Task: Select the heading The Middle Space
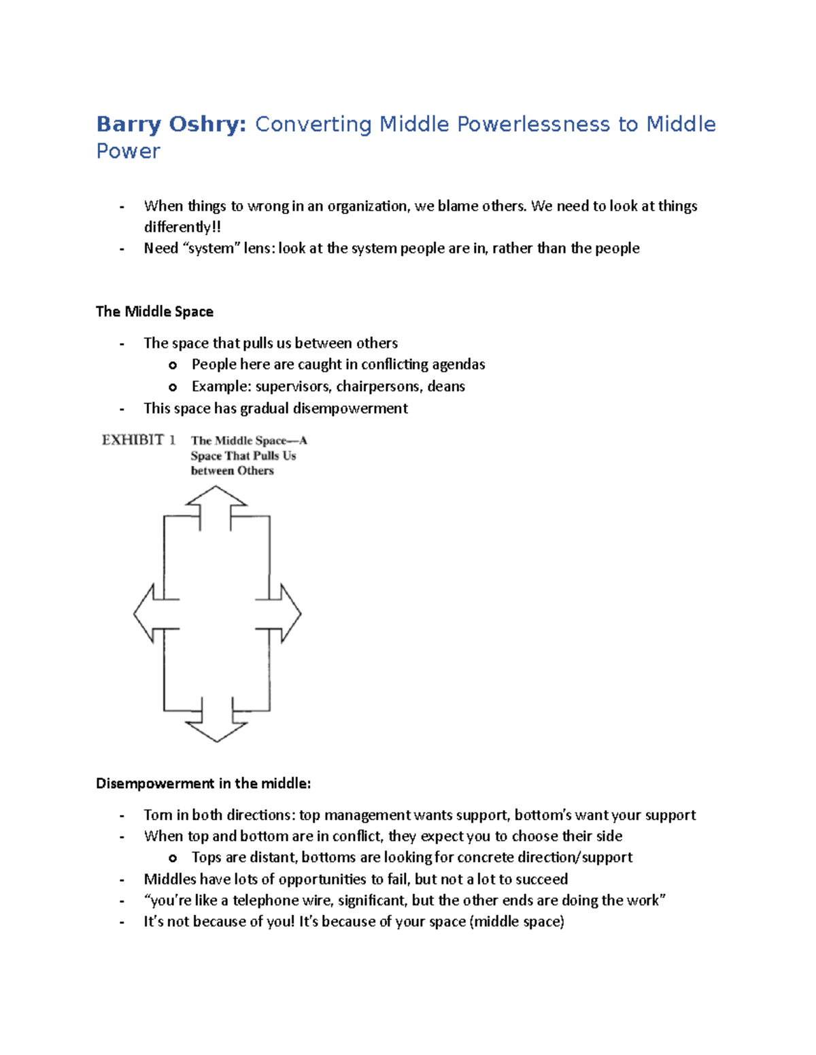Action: (x=154, y=312)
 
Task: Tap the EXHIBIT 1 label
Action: (x=139, y=440)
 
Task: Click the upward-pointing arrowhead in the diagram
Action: (x=216, y=496)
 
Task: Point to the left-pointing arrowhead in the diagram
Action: (x=143, y=613)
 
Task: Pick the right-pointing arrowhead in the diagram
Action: (x=291, y=613)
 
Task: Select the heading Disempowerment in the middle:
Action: (x=203, y=783)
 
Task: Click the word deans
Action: (x=446, y=387)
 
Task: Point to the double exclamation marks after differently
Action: (x=217, y=227)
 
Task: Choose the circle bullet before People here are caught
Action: (x=173, y=365)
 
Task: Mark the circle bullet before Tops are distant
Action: (x=173, y=858)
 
